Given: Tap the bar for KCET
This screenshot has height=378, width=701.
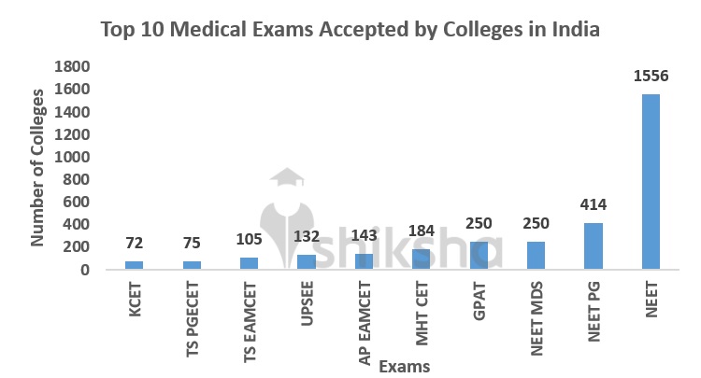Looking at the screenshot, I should point(135,265).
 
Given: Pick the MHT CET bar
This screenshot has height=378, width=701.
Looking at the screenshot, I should point(421,259).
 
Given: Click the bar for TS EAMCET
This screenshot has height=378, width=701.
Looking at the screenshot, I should point(249,263).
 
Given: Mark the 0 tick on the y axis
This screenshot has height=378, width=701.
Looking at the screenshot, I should point(84,270).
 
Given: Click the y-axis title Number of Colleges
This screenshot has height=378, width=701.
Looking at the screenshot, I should point(38,168).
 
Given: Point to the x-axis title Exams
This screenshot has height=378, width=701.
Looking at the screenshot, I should point(405,366).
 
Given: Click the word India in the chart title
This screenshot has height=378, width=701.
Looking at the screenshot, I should point(573,29).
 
